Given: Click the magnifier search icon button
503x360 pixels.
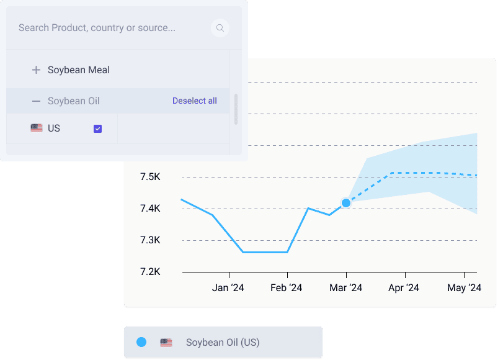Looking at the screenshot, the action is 220,28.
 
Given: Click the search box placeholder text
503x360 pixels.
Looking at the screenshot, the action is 97,28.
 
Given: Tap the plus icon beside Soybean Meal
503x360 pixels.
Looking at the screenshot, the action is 36,70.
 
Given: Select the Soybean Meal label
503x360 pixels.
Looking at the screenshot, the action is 79,70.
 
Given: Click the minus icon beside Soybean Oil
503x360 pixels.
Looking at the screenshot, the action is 36,101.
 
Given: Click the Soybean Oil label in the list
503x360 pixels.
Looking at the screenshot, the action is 73,101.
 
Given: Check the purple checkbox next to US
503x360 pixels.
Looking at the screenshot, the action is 97,128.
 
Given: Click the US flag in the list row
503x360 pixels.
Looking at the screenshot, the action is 37,128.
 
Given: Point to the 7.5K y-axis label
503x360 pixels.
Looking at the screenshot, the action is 150,178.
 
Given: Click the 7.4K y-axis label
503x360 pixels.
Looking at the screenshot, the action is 150,209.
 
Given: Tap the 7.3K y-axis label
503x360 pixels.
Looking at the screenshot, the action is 150,240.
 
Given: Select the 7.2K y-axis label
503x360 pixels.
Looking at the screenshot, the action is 150,272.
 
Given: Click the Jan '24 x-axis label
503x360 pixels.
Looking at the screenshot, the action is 228,288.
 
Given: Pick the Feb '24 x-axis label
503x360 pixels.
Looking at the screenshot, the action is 287,288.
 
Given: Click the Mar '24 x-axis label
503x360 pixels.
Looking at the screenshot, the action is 346,288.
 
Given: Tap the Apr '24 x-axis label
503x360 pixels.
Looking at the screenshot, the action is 404,288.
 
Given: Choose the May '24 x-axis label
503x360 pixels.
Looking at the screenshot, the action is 465,288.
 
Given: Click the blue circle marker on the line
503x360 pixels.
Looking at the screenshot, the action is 346,203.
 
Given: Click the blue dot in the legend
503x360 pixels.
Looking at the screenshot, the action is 141,342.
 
